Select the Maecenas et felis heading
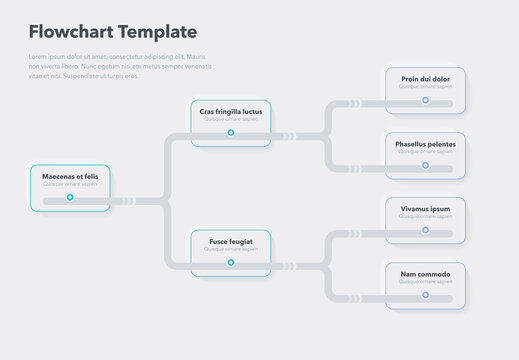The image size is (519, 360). pyautogui.click(x=70, y=176)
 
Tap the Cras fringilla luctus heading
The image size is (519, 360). pyautogui.click(x=231, y=111)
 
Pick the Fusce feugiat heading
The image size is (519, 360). pyautogui.click(x=231, y=241)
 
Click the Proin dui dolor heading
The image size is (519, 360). pyautogui.click(x=425, y=79)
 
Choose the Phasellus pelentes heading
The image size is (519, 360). pyautogui.click(x=425, y=144)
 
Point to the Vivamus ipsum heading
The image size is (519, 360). pyautogui.click(x=425, y=209)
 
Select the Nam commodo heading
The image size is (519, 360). pyautogui.click(x=425, y=274)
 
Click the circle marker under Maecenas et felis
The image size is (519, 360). pyautogui.click(x=70, y=198)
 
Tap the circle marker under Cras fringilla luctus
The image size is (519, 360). pyautogui.click(x=231, y=133)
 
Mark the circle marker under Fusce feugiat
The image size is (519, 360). pyautogui.click(x=231, y=263)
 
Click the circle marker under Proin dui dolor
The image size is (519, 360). pyautogui.click(x=425, y=100)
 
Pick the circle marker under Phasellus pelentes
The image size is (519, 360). pyautogui.click(x=425, y=166)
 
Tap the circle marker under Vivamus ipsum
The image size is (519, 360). pyautogui.click(x=425, y=231)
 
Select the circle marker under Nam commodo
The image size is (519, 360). pyautogui.click(x=425, y=296)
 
